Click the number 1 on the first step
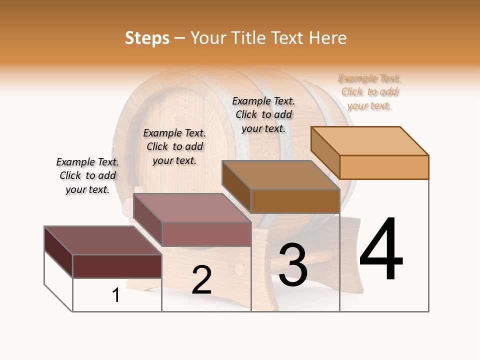pyautogui.click(x=116, y=295)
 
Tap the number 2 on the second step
pyautogui.click(x=201, y=279)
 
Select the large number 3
pyautogui.click(x=292, y=265)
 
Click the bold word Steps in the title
pyautogui.click(x=147, y=38)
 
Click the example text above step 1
pyautogui.click(x=87, y=175)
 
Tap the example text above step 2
pyautogui.click(x=174, y=146)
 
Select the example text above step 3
pyautogui.click(x=263, y=114)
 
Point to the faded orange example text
pyautogui.click(x=369, y=92)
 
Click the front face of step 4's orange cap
pyautogui.click(x=384, y=167)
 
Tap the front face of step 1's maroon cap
pyautogui.click(x=117, y=266)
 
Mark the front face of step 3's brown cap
pyautogui.click(x=295, y=201)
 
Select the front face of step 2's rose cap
pyautogui.click(x=206, y=234)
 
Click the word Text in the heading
pyautogui.click(x=289, y=38)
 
